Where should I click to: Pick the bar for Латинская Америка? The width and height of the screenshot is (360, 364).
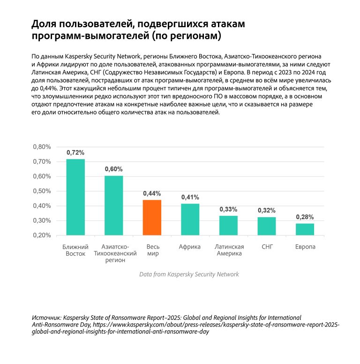pyautogui.click(x=228, y=226)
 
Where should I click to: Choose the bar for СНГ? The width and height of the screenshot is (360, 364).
pyautogui.click(x=267, y=226)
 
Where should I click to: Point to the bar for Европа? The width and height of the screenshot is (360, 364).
pyautogui.click(x=305, y=229)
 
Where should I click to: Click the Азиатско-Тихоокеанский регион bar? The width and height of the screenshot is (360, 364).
pyautogui.click(x=113, y=205)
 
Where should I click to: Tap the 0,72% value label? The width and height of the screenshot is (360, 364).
pyautogui.click(x=75, y=152)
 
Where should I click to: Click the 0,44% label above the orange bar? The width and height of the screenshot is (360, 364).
pyautogui.click(x=152, y=193)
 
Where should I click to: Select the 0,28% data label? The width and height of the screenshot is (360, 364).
pyautogui.click(x=305, y=217)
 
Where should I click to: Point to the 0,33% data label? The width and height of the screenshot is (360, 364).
pyautogui.click(x=228, y=209)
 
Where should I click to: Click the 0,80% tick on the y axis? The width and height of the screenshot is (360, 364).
pyautogui.click(x=42, y=147)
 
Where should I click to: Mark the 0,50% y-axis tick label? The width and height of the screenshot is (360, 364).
pyautogui.click(x=42, y=191)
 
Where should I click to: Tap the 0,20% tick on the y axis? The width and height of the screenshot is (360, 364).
pyautogui.click(x=42, y=235)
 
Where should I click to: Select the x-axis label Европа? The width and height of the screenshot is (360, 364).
pyautogui.click(x=305, y=247)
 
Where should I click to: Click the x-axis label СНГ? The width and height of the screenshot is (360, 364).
pyautogui.click(x=267, y=247)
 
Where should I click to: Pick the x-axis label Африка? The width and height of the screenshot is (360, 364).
pyautogui.click(x=190, y=247)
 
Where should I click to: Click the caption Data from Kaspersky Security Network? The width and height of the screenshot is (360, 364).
pyautogui.click(x=189, y=274)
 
